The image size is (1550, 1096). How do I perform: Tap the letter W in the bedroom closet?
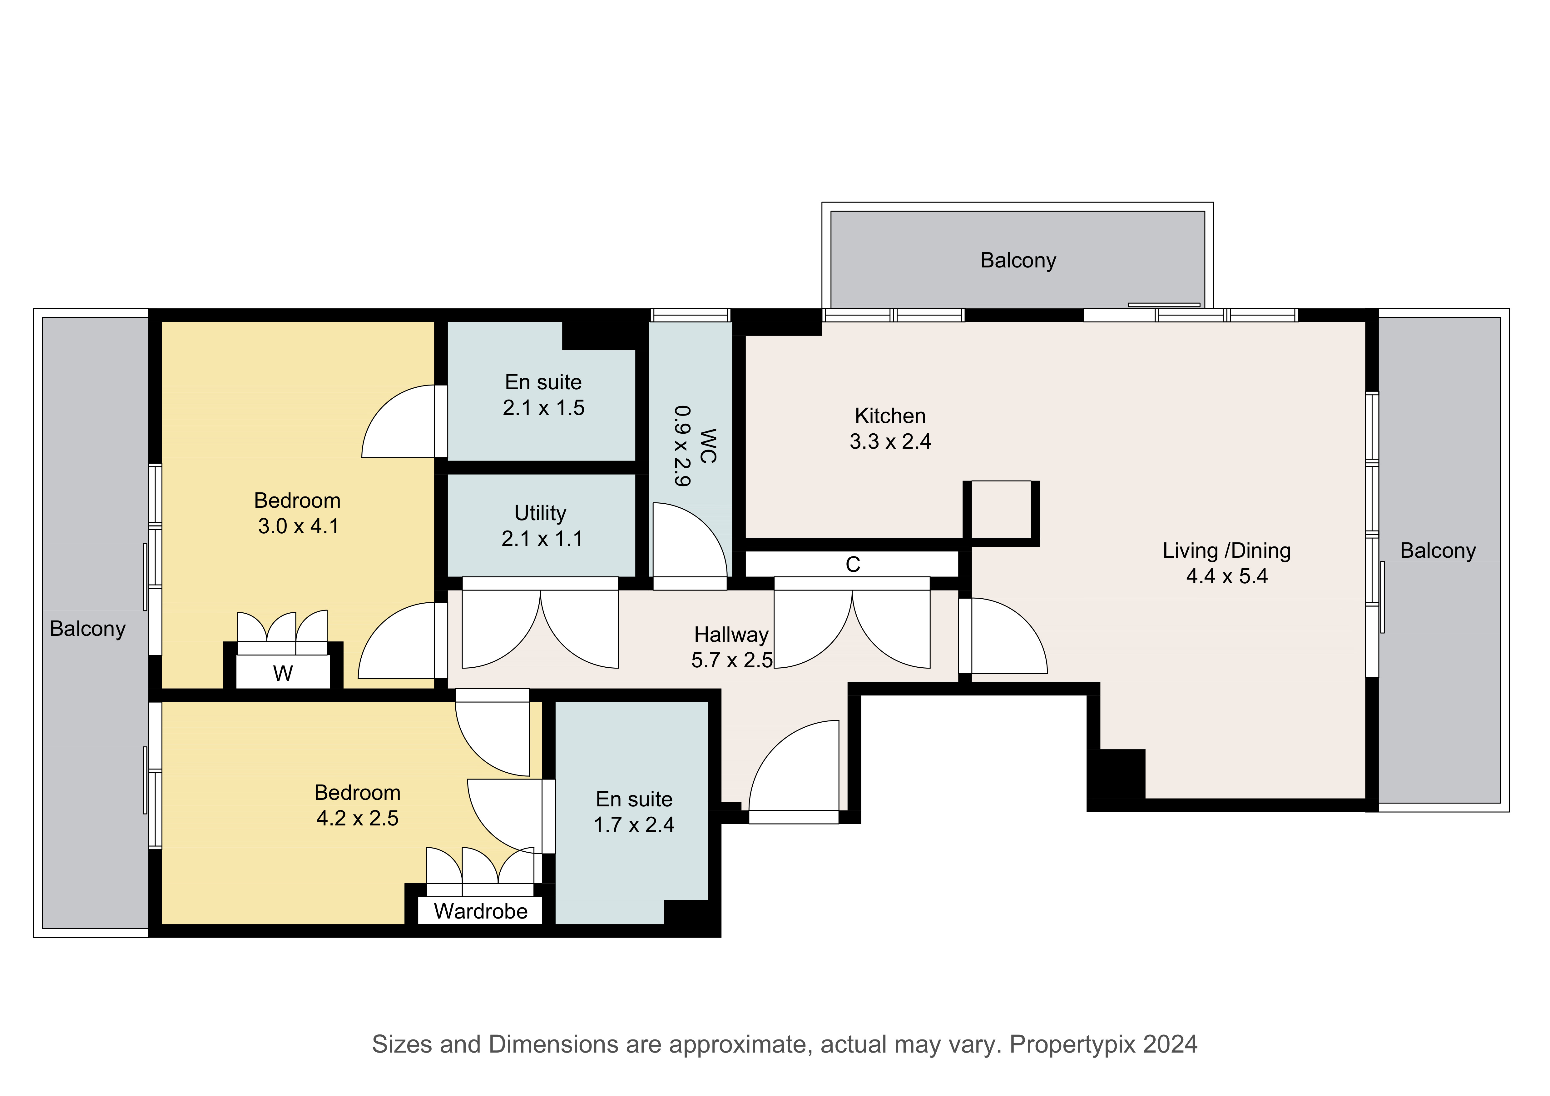pyautogui.click(x=283, y=673)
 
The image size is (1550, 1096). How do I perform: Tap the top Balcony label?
pyautogui.click(x=1018, y=261)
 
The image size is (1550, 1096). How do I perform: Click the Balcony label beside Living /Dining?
pyautogui.click(x=1438, y=551)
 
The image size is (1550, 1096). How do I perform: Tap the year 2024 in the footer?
pyautogui.click(x=1171, y=1045)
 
